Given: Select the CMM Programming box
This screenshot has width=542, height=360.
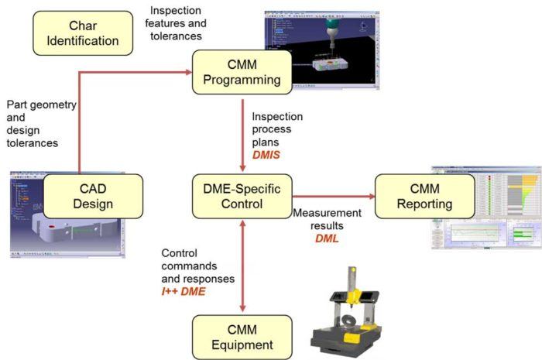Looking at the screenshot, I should click(x=242, y=72).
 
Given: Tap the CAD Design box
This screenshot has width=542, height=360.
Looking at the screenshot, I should click(x=94, y=195).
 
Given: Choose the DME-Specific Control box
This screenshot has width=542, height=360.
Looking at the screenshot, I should click(x=242, y=195).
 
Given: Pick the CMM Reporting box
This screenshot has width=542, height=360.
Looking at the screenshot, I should click(x=424, y=195).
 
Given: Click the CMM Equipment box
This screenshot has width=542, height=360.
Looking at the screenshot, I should click(x=242, y=336).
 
